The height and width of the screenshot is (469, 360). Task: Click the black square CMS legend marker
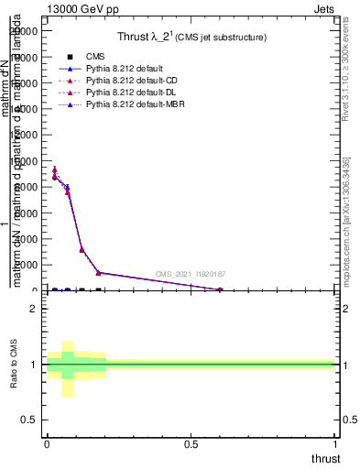[71, 57]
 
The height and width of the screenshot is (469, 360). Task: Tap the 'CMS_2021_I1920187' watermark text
[191, 274]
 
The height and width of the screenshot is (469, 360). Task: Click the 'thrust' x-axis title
[325, 459]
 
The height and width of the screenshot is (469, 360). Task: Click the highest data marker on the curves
[55, 169]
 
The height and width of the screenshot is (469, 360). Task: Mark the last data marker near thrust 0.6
[220, 289]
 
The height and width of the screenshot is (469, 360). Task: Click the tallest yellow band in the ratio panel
[67, 368]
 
